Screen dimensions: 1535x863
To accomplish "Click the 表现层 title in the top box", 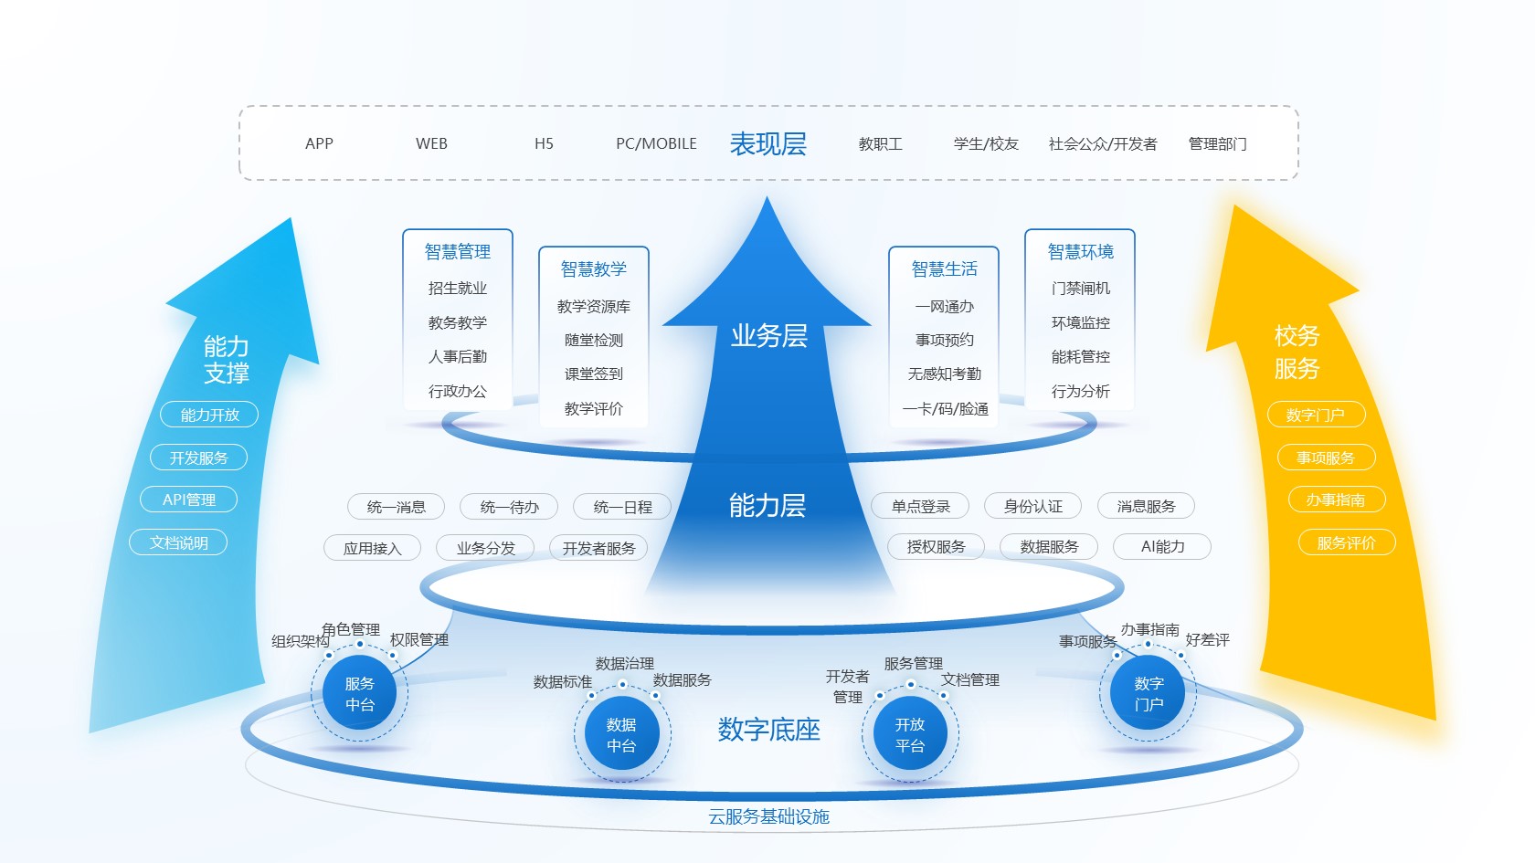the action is (x=767, y=144).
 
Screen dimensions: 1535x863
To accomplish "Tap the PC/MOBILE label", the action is (x=656, y=144).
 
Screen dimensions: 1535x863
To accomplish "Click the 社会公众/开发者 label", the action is (x=1103, y=144).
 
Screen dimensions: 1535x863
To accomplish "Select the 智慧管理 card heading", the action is (x=457, y=252).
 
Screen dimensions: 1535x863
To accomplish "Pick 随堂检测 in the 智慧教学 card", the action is (x=594, y=341).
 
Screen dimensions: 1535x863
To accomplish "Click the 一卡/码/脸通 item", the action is (x=945, y=409).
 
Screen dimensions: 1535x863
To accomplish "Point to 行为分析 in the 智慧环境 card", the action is (x=1081, y=391).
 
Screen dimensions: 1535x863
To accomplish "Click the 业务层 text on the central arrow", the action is (x=769, y=336).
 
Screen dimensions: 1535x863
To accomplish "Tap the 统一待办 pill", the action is (x=509, y=507).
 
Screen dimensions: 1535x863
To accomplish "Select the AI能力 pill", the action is (x=1162, y=546).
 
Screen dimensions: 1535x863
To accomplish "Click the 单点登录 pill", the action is (x=920, y=506).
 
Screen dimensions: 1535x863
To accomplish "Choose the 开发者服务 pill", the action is (x=599, y=548).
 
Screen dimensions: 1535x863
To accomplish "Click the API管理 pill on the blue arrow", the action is (x=188, y=500).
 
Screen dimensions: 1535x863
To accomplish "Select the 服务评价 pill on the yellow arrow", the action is (x=1347, y=542).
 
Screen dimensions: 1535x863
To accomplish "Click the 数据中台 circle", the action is (x=621, y=734).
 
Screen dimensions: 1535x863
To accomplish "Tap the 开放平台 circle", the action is (x=910, y=734).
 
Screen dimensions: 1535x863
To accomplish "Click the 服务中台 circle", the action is (x=360, y=694).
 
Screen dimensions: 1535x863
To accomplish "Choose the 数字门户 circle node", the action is (x=1149, y=694).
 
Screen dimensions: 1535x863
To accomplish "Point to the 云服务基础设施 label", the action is (x=768, y=816).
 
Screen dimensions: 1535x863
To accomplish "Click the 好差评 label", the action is (x=1208, y=639).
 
